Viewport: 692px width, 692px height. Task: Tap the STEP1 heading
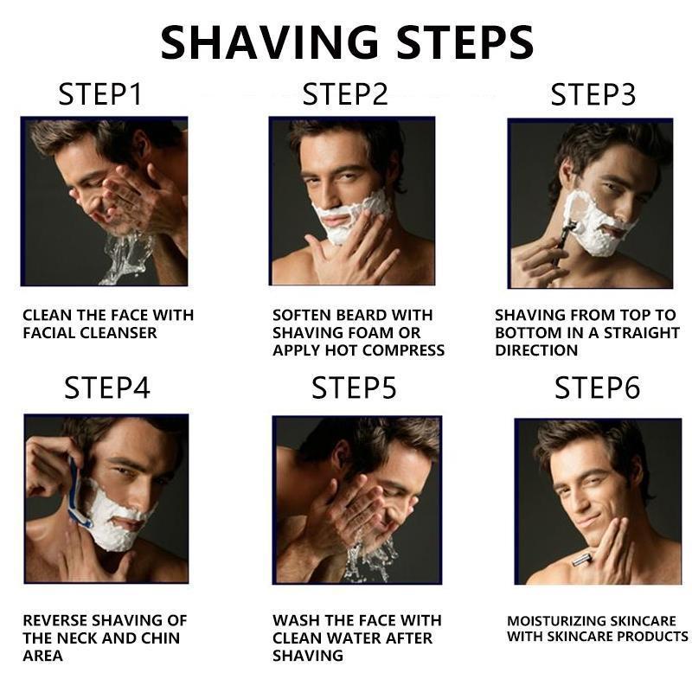tap(99, 94)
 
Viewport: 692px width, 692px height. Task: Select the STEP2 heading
tap(344, 94)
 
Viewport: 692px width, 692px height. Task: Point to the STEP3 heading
tap(593, 94)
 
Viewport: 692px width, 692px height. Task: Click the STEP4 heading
tap(107, 388)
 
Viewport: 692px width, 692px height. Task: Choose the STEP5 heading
tap(354, 388)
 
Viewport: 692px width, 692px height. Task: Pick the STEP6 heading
tap(597, 388)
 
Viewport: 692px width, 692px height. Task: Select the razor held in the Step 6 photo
tap(582, 561)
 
